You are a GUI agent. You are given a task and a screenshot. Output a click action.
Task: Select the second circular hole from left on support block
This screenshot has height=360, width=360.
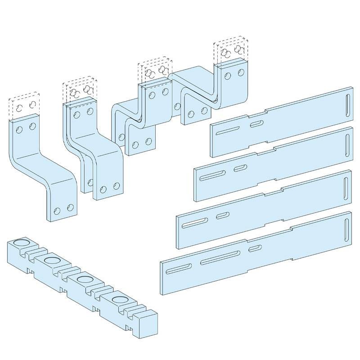click(x=51, y=261)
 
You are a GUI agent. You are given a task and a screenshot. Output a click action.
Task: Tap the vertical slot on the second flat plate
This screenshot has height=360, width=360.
click(x=348, y=143)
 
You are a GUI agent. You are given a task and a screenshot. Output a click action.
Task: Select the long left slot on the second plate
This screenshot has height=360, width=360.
click(x=214, y=174)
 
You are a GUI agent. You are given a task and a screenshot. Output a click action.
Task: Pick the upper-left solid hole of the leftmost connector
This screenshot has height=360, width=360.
click(x=18, y=130)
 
